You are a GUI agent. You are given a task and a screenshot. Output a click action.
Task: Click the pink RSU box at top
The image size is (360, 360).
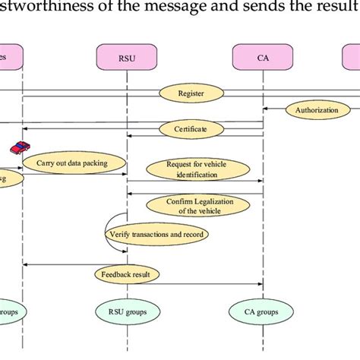point(126,56)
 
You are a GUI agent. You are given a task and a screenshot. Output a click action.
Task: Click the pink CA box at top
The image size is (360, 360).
point(263,56)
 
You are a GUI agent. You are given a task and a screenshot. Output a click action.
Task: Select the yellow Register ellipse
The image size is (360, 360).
point(191,93)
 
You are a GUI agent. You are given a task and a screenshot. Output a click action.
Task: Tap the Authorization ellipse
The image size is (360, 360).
point(318,111)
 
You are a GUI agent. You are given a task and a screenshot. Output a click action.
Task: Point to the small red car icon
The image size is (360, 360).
point(18,147)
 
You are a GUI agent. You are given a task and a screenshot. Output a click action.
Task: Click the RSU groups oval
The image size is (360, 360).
point(126,311)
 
